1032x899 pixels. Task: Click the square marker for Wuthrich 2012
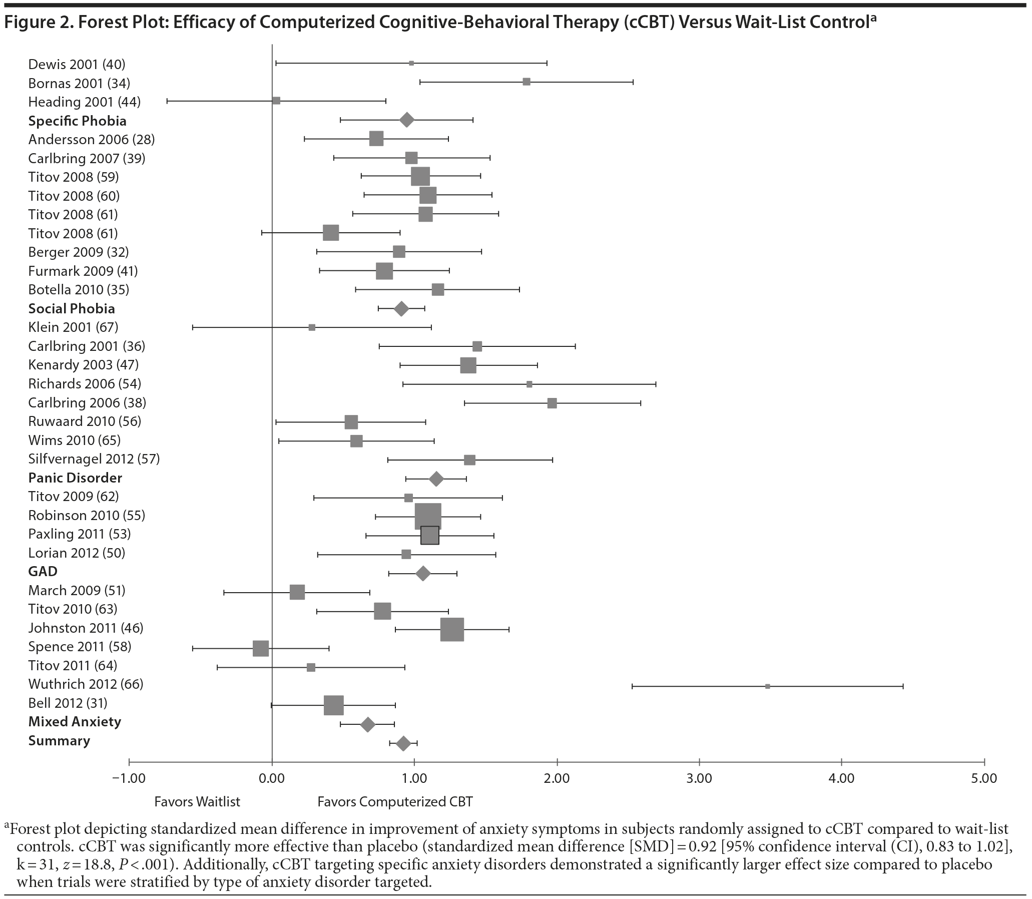(767, 686)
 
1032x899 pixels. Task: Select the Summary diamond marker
(403, 743)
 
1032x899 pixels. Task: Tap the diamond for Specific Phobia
(406, 120)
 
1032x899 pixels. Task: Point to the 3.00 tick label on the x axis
(699, 778)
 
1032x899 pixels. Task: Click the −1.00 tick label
(129, 778)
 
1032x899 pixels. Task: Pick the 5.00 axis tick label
(984, 778)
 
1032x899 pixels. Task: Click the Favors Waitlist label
(197, 802)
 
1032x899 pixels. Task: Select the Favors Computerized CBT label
(395, 802)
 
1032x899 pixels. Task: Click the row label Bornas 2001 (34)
(79, 83)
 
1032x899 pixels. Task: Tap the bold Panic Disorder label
(75, 478)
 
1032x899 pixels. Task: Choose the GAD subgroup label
(43, 572)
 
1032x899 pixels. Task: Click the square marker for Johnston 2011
(452, 630)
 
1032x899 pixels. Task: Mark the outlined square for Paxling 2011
(430, 535)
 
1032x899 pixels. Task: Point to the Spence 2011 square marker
(261, 648)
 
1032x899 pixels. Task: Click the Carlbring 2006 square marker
(552, 403)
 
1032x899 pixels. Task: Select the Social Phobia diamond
(401, 308)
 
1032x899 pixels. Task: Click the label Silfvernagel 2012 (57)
(94, 459)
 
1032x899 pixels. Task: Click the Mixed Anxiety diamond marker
(368, 724)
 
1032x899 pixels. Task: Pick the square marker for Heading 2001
(276, 101)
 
